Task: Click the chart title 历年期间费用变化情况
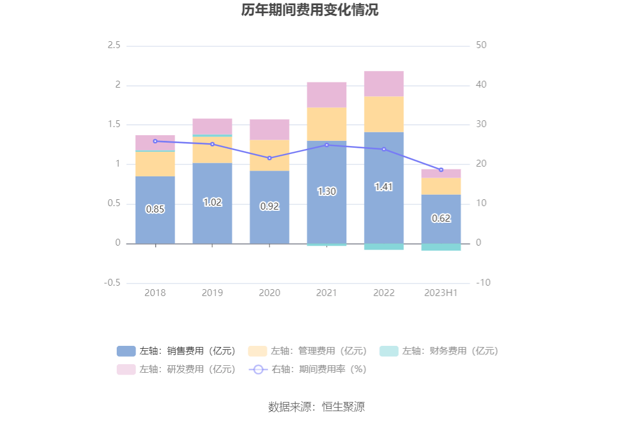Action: [x=310, y=10]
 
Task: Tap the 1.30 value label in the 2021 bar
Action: [x=327, y=191]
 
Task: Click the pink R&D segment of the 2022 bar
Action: [x=384, y=84]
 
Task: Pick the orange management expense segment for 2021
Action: [x=327, y=124]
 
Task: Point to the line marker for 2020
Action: [x=270, y=158]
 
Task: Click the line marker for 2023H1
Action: [x=441, y=170]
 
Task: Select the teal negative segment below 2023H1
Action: [x=441, y=247]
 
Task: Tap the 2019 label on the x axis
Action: [x=212, y=293]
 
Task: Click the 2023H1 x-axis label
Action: [x=441, y=293]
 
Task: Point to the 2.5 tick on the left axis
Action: [x=114, y=45]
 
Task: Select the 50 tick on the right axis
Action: [x=481, y=45]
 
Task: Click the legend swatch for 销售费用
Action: [x=126, y=351]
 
